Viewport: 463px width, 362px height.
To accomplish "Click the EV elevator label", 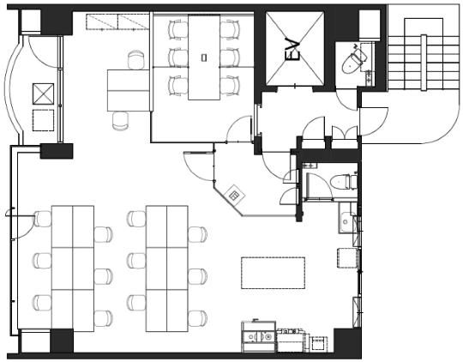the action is point(294,51).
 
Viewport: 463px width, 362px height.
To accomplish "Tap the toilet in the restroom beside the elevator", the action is point(352,61).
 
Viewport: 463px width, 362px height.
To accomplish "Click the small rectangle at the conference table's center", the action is point(204,57).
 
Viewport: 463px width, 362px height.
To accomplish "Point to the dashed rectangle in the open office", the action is point(274,273).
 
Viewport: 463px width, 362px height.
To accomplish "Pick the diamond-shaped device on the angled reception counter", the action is point(234,195).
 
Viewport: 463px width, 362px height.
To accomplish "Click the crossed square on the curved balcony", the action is point(43,94).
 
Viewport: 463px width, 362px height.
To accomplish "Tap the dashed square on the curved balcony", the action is point(43,120).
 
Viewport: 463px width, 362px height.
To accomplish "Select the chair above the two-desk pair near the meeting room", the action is point(135,60).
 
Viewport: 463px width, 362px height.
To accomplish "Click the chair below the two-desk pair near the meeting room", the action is point(121,121).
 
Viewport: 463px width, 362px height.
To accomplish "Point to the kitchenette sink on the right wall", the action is point(346,218).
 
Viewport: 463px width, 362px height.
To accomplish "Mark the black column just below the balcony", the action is point(57,151).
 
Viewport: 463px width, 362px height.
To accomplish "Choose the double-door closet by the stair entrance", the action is point(345,132).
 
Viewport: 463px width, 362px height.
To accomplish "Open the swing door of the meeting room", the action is point(238,129).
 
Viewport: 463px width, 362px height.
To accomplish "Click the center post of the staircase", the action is point(424,63).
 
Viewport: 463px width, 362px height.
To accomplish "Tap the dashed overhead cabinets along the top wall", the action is point(117,22).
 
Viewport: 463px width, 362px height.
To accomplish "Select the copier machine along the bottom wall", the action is point(259,336).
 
